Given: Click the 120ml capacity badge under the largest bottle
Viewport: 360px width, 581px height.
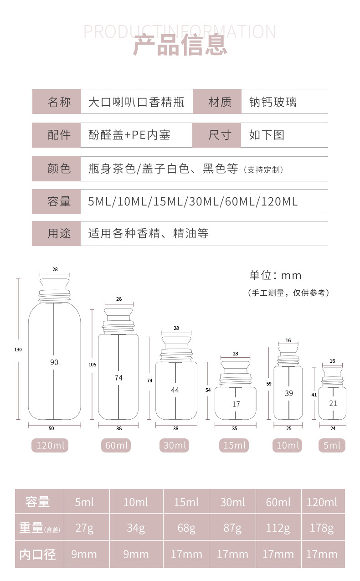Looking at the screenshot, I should click(50, 445).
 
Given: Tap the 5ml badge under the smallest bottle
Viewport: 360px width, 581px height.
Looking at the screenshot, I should click(332, 445).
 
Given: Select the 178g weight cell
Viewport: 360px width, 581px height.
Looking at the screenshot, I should click(322, 528).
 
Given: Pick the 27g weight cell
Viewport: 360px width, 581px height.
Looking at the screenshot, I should click(84, 528).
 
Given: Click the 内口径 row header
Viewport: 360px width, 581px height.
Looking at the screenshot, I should click(38, 554).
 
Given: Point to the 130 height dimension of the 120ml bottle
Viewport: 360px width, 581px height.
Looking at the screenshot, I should click(18, 350).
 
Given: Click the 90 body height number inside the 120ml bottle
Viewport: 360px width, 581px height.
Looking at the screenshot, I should click(54, 362).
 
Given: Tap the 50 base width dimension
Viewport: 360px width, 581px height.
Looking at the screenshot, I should click(51, 428).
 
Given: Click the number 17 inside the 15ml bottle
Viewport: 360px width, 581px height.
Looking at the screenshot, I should click(236, 404).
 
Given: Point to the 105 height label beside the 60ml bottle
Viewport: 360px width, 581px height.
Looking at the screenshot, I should click(93, 365).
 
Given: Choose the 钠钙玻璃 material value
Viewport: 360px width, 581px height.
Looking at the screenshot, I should click(273, 102).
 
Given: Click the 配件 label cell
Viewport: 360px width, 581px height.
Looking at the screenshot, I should click(59, 135).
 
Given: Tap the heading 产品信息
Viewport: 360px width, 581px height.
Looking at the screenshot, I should click(180, 45).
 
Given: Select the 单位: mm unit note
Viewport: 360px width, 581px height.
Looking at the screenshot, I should click(275, 275).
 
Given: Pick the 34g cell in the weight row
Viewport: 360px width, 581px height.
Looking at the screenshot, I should click(136, 528).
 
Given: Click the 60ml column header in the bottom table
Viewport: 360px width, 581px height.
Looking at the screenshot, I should click(278, 502).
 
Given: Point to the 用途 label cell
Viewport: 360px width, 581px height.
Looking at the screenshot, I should click(59, 233).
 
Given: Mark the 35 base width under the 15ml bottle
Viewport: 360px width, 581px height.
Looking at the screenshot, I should click(235, 429).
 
